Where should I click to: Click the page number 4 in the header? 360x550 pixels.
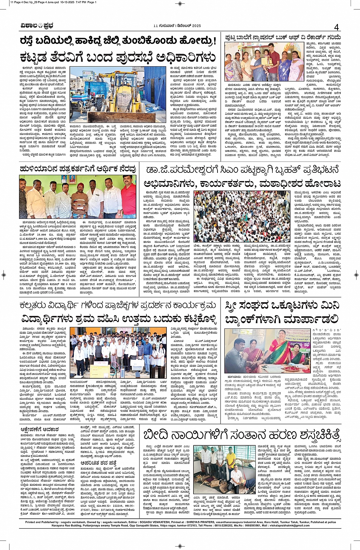(x=336, y=27)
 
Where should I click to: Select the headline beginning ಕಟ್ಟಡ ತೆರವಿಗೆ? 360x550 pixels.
(x=118, y=57)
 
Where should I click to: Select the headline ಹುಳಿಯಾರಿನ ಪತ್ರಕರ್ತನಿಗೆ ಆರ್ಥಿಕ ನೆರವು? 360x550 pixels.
(x=78, y=169)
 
